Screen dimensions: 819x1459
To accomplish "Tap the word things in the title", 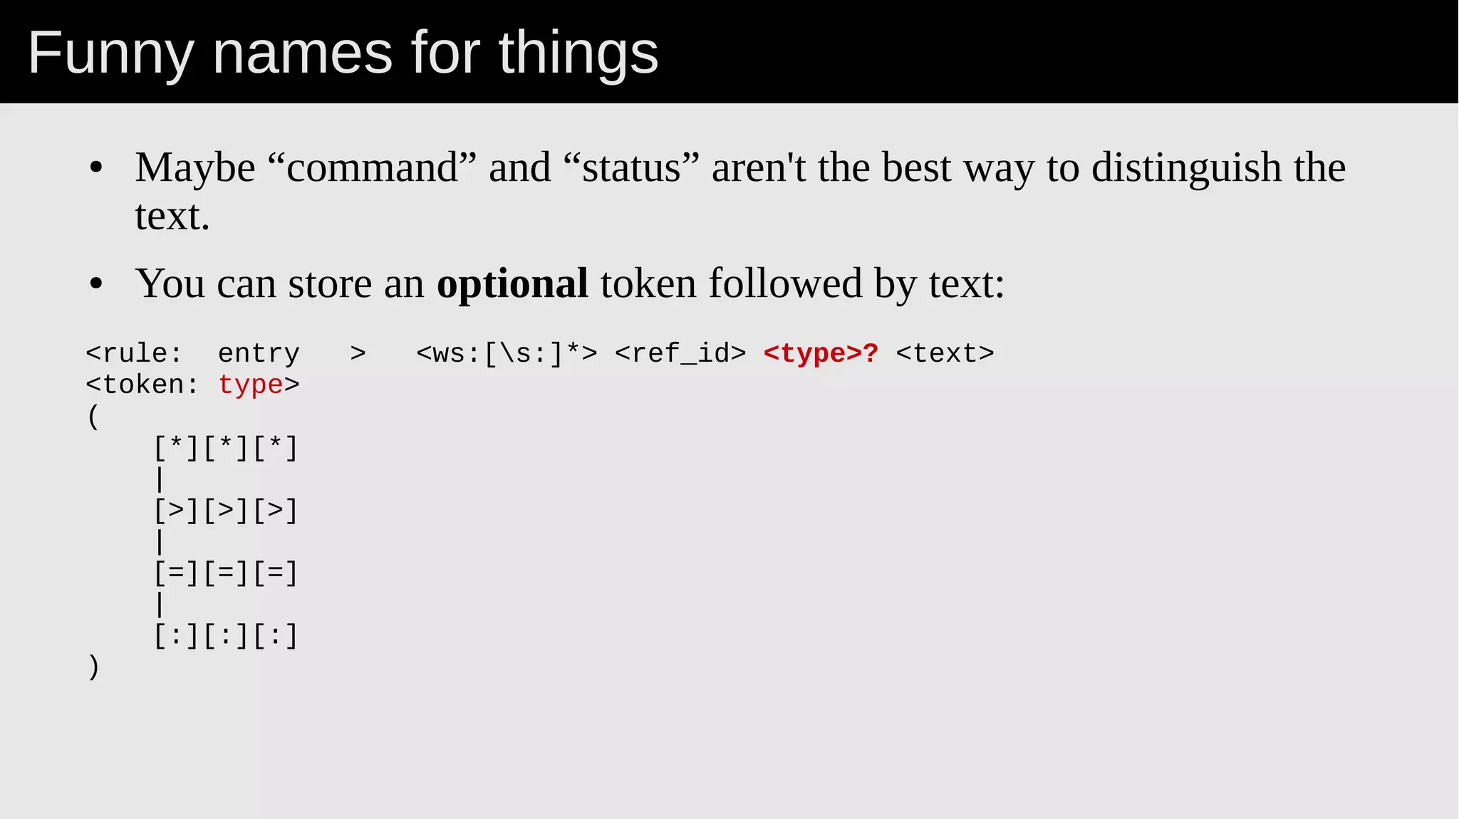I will pyautogui.click(x=578, y=53).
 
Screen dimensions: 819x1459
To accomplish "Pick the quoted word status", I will pyautogui.click(x=631, y=168).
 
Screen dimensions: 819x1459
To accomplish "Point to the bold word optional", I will pyautogui.click(x=512, y=283).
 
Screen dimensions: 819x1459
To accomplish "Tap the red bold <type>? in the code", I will pyautogui.click(x=821, y=353).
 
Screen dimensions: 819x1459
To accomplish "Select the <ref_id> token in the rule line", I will pyautogui.click(x=680, y=353).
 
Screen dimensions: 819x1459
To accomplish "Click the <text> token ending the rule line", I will pyautogui.click(x=945, y=353).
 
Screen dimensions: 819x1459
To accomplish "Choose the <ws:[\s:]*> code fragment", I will pyautogui.click(x=507, y=353).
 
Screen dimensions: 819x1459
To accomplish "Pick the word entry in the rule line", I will pyautogui.click(x=259, y=353).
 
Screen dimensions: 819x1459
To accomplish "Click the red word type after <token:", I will pyautogui.click(x=250, y=385).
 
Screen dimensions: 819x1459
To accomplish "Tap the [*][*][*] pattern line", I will pyautogui.click(x=226, y=448).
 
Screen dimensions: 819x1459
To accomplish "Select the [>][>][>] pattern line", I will pyautogui.click(x=226, y=511).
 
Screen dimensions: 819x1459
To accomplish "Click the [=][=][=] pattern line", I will pyautogui.click(x=226, y=573).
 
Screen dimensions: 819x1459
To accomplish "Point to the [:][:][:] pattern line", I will pyautogui.click(x=226, y=636).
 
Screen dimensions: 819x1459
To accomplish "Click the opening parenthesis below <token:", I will pyautogui.click(x=93, y=417).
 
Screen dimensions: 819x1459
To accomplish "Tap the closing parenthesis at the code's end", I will pyautogui.click(x=93, y=667).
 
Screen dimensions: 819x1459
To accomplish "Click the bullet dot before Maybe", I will pyautogui.click(x=96, y=169).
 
